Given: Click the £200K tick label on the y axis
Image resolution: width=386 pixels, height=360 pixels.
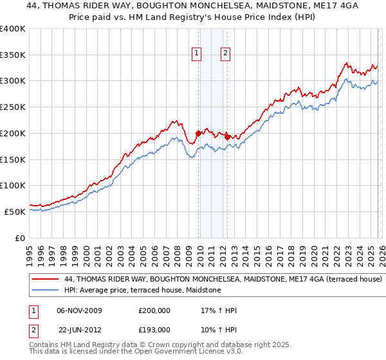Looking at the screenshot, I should [12, 133].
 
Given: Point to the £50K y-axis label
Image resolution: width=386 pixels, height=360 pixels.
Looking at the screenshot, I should [14, 212].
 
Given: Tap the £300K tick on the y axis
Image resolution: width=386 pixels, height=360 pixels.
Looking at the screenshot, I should [12, 81].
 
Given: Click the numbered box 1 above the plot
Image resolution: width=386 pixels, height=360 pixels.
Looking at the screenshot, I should [196, 54].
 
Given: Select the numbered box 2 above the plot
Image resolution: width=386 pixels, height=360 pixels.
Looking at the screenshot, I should [226, 54].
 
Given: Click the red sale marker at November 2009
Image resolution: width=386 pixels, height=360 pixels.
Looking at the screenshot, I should [198, 133].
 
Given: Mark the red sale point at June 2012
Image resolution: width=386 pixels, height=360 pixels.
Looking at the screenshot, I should [228, 137].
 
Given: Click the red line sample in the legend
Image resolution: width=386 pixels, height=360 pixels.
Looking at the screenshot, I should [46, 280].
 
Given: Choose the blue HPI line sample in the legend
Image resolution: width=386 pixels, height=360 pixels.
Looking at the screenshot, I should [46, 291].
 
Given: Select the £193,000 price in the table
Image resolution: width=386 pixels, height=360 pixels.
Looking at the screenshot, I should [154, 329].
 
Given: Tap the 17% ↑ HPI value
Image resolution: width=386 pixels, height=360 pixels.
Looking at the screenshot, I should [219, 310].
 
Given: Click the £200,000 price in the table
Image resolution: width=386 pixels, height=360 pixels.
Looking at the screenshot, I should [154, 310].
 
